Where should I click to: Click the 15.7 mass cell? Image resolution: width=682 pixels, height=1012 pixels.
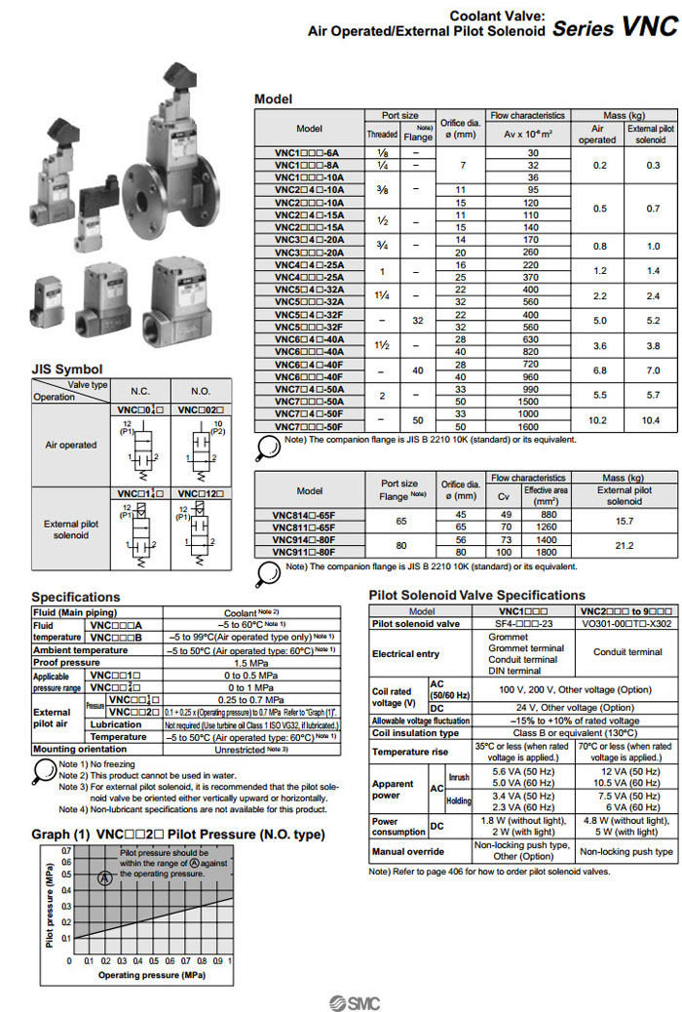624,523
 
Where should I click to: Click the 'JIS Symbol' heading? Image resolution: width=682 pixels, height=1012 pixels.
67,369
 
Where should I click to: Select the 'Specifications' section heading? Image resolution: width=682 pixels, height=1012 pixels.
76,597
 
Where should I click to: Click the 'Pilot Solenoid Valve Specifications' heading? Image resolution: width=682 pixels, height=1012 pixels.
477,595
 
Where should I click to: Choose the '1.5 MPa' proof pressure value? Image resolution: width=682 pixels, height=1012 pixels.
251,662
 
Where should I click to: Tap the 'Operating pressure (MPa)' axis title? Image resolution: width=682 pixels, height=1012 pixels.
145,975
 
